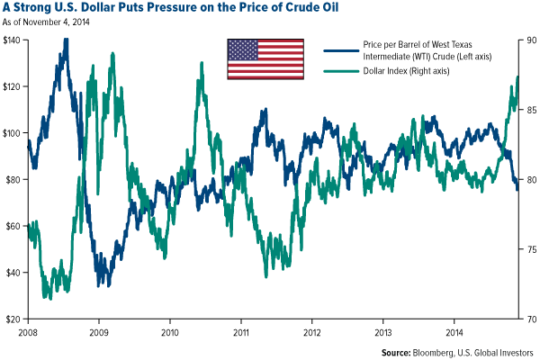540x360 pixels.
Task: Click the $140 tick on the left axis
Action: click(x=13, y=40)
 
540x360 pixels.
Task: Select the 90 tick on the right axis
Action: click(x=529, y=40)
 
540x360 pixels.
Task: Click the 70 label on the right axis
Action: click(x=529, y=319)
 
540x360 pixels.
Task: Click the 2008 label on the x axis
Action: click(x=28, y=333)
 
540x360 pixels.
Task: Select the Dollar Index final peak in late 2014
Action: click(x=517, y=77)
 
